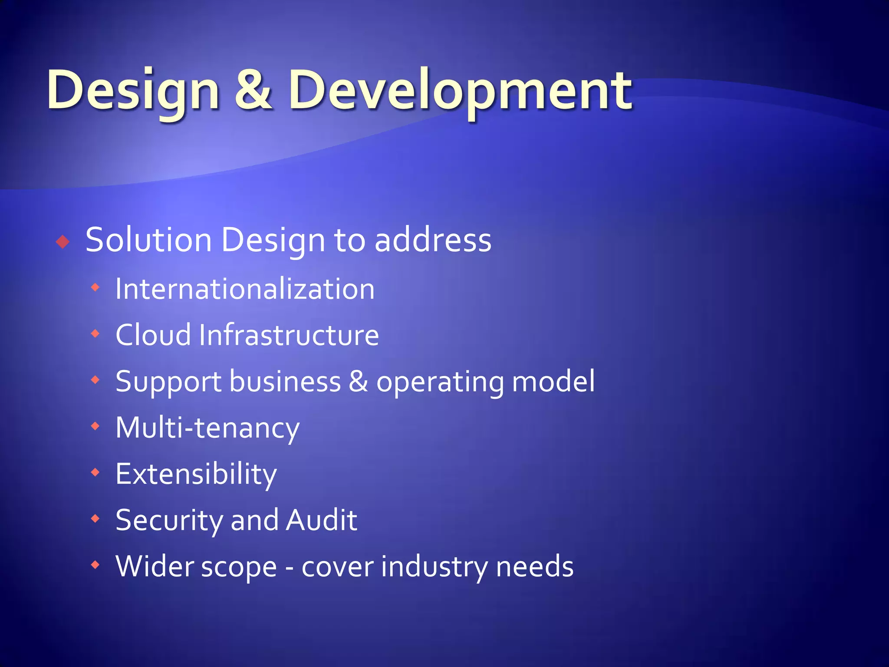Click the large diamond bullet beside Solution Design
point(63,241)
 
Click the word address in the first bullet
point(433,240)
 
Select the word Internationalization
point(245,289)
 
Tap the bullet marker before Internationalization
point(95,287)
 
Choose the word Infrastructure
point(289,335)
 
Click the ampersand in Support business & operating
point(359,381)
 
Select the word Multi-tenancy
point(207,428)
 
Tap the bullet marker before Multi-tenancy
point(95,426)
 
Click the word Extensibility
point(196,474)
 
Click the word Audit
point(321,520)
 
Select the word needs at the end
point(534,567)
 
